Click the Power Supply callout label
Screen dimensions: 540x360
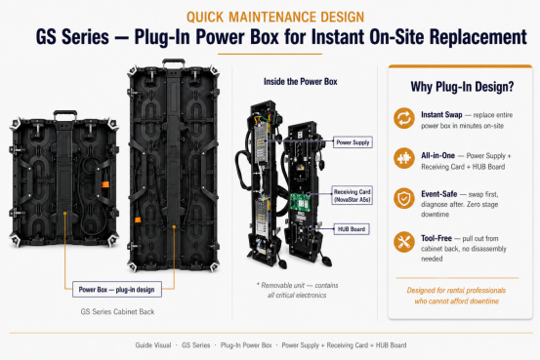[x=353, y=142]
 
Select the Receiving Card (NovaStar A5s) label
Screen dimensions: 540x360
[x=352, y=195]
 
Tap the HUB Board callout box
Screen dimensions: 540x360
[x=352, y=229]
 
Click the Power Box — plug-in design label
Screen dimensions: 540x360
[x=117, y=290]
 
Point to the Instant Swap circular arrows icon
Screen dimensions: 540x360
[x=404, y=118]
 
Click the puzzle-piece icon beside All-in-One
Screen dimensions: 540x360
[x=404, y=158]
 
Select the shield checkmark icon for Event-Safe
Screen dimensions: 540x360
[x=404, y=198]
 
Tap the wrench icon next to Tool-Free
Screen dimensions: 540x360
[x=404, y=242]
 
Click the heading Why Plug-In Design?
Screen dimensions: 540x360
[x=462, y=87]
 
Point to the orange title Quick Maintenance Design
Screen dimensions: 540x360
[x=275, y=17]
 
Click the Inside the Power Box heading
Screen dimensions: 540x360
[x=301, y=82]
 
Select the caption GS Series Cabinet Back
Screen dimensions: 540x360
[x=117, y=312]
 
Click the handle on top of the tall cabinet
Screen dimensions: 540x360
[x=174, y=62]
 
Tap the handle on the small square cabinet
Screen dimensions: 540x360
[x=65, y=114]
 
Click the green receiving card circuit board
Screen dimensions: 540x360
[x=299, y=202]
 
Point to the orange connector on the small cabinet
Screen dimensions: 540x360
[x=105, y=184]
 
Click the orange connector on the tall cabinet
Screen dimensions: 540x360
[x=138, y=220]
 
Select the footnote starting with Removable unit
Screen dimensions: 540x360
[x=297, y=290]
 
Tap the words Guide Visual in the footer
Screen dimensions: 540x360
[x=153, y=345]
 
